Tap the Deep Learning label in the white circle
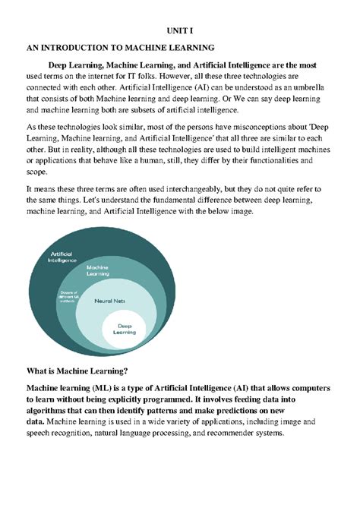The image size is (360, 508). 124,329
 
